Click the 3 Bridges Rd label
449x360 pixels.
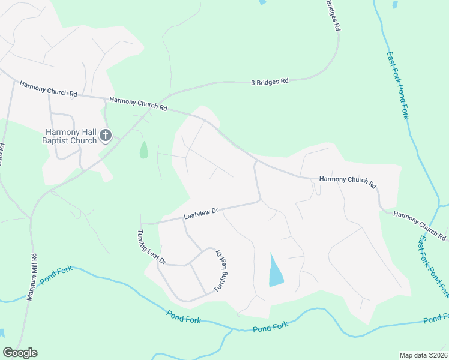(x=270, y=81)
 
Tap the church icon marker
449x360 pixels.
(x=106, y=136)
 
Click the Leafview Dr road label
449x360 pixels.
(x=200, y=214)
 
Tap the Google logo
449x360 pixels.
(x=20, y=353)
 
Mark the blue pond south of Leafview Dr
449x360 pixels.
(x=276, y=272)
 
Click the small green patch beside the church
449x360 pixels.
(x=143, y=150)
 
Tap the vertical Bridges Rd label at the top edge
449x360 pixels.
(x=334, y=16)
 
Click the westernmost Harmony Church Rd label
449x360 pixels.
(x=48, y=90)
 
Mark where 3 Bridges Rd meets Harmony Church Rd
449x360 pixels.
(x=169, y=96)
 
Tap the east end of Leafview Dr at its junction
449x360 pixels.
(x=260, y=200)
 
